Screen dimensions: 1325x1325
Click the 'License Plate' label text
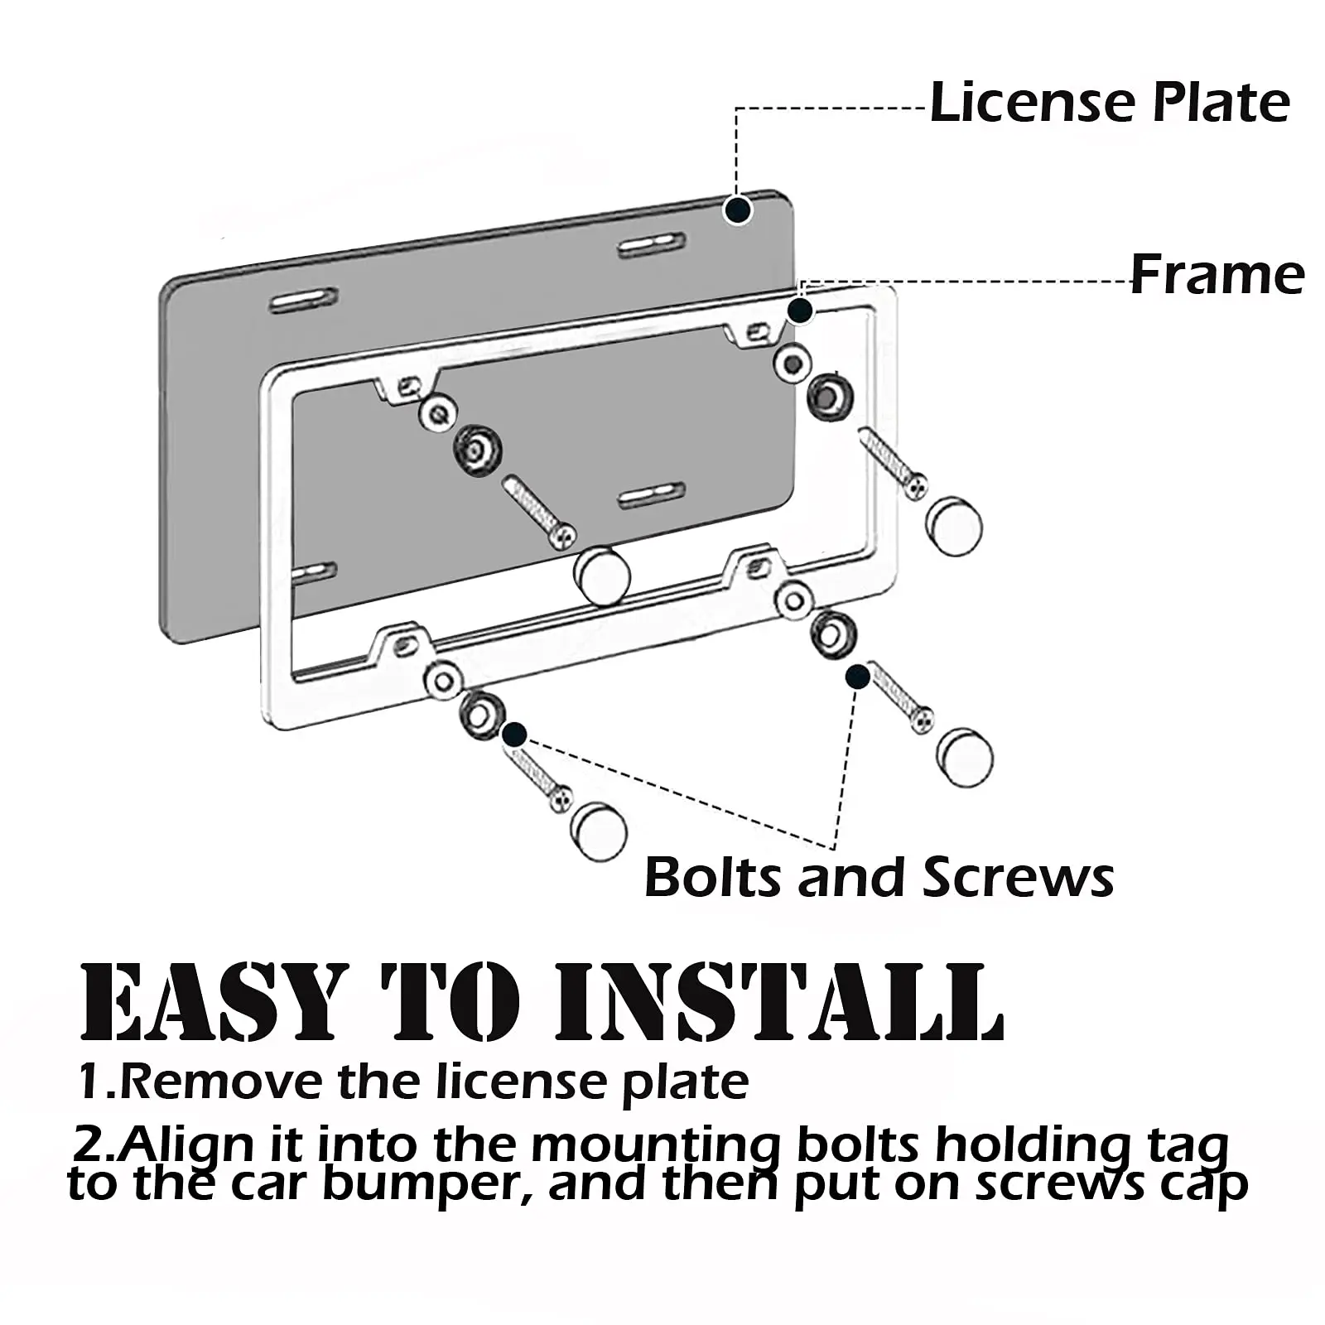pyautogui.click(x=1110, y=103)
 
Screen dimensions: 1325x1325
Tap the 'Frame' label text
pyautogui.click(x=1217, y=275)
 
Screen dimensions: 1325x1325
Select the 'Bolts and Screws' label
pyautogui.click(x=879, y=877)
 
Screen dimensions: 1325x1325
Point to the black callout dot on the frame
pyautogui.click(x=799, y=311)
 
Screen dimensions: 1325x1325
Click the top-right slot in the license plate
pyautogui.click(x=652, y=244)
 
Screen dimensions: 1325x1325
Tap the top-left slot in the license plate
pyautogui.click(x=303, y=300)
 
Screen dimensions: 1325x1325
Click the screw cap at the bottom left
pyautogui.click(x=598, y=831)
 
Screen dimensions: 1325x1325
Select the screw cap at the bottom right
pyautogui.click(x=966, y=757)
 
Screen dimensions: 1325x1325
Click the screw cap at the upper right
pyautogui.click(x=954, y=526)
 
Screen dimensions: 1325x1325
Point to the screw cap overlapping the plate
pyautogui.click(x=602, y=575)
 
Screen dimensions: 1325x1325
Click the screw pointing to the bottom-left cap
pyautogui.click(x=538, y=778)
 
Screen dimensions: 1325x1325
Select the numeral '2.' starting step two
pyautogui.click(x=93, y=1146)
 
